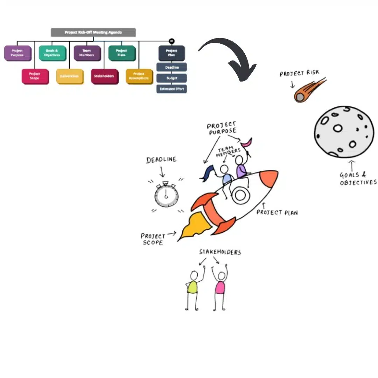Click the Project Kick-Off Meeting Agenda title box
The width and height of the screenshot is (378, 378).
pos(93,33)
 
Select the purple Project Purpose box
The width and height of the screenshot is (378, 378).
pos(17,53)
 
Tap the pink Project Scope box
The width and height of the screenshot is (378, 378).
pos(35,76)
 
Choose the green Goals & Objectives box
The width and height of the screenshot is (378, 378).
pos(52,53)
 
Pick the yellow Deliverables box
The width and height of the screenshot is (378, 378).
pos(70,76)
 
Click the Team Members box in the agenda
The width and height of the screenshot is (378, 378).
pos(87,53)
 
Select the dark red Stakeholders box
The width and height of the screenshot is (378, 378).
pos(104,76)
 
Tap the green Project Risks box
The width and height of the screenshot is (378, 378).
pos(121,53)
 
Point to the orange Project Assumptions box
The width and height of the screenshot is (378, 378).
pos(139,76)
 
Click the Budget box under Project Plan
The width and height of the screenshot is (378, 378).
pos(171,78)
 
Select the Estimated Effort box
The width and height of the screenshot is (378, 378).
pos(171,89)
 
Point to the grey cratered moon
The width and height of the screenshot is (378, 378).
pos(343,131)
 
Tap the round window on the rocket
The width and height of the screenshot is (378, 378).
pos(240,195)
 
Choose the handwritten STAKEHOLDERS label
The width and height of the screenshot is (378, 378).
pos(220,252)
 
